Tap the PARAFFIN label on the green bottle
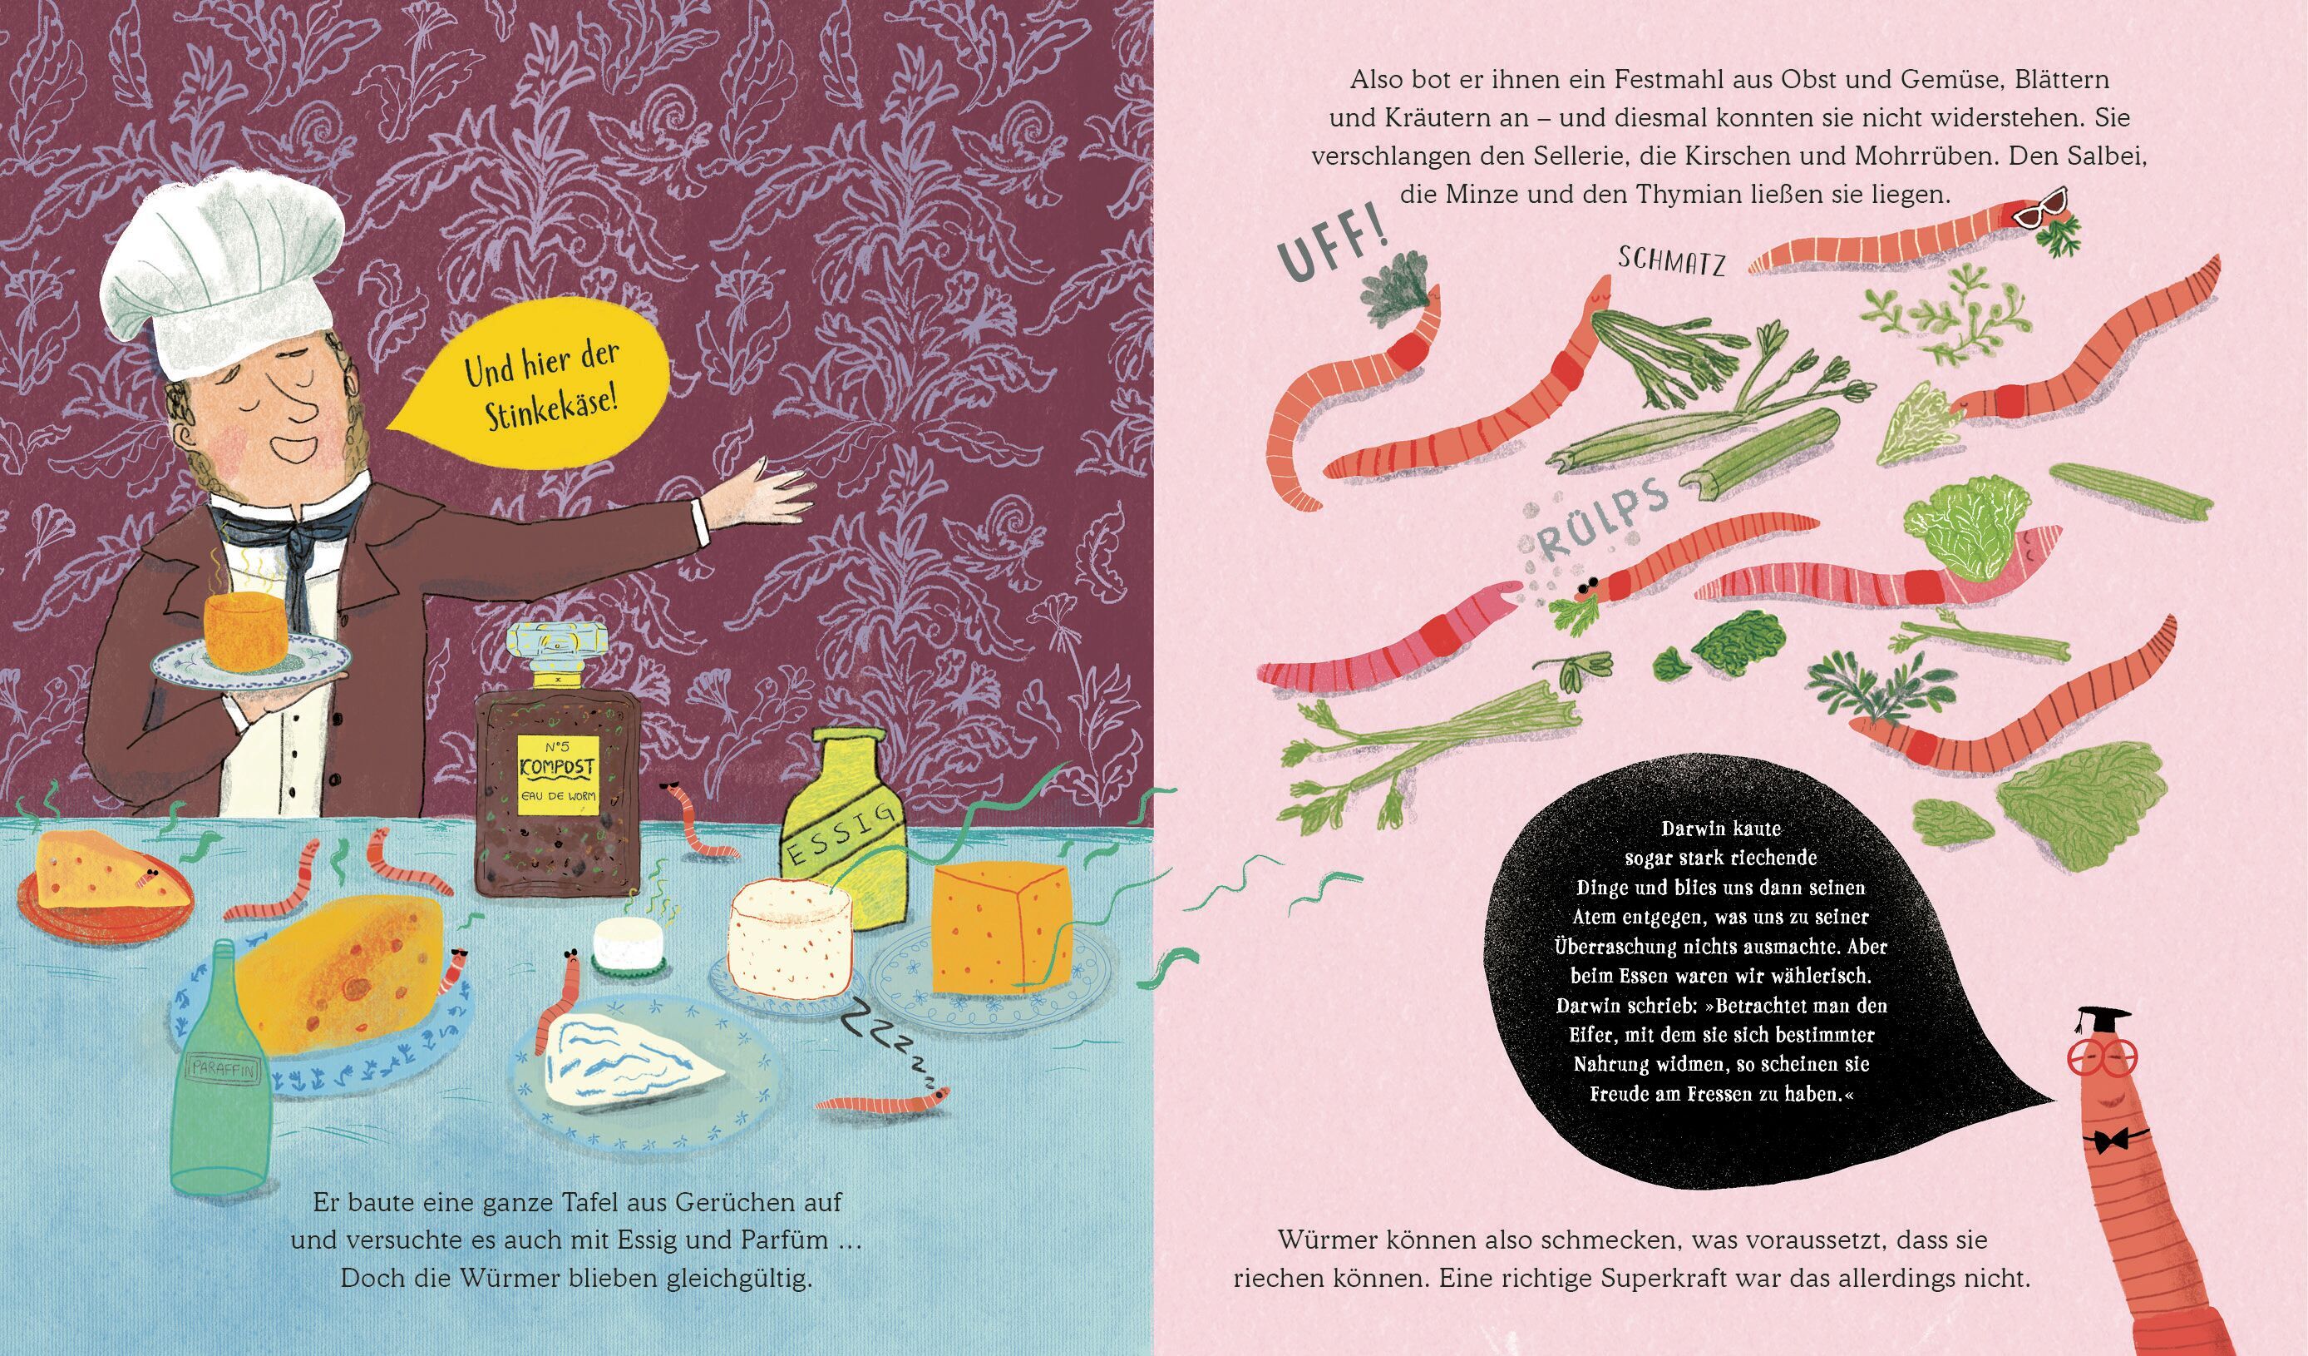(x=224, y=1068)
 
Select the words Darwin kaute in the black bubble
(x=1721, y=829)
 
